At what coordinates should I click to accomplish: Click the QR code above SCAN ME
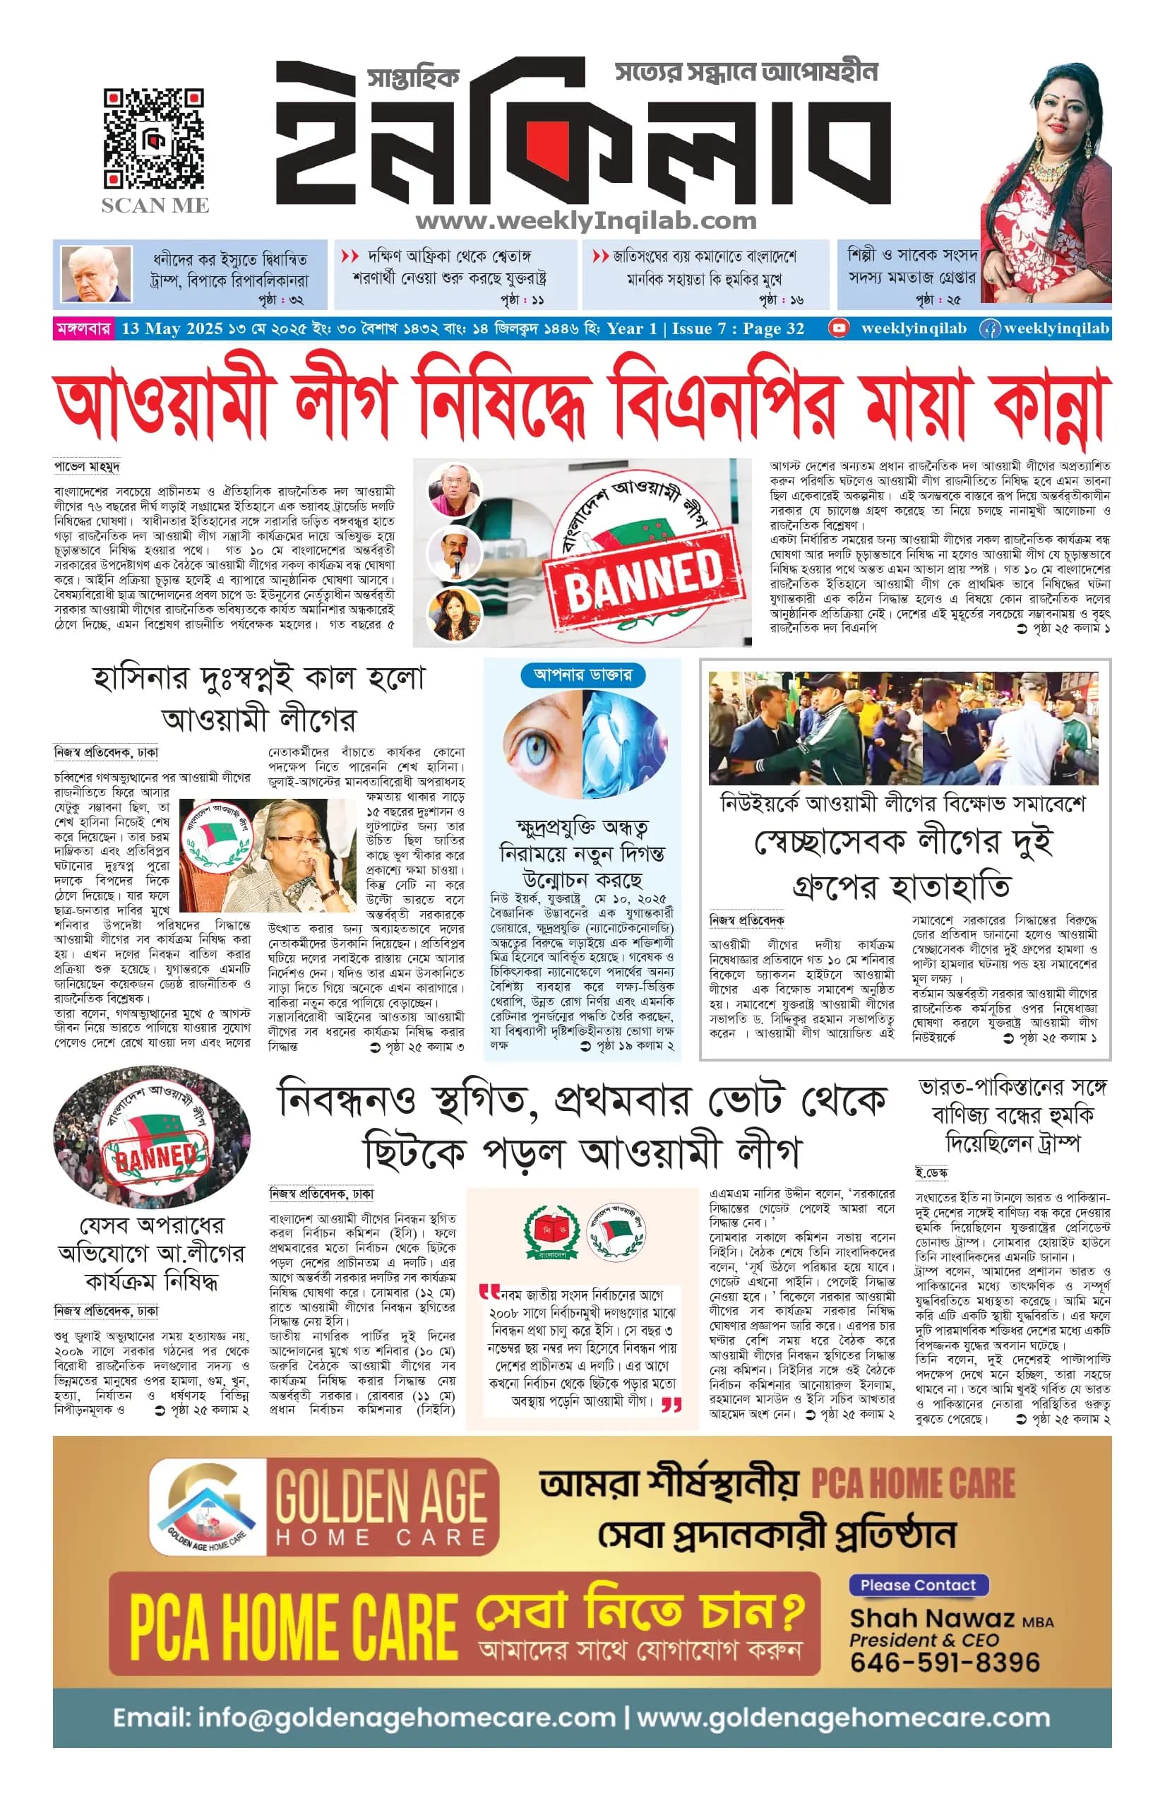click(x=154, y=138)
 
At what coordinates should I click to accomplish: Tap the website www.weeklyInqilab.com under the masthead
click(x=585, y=221)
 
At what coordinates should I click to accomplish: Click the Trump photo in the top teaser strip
click(x=95, y=273)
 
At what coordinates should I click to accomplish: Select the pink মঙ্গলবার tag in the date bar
click(x=83, y=329)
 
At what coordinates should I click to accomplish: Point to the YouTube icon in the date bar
click(x=837, y=328)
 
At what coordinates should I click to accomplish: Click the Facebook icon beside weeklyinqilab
click(x=988, y=329)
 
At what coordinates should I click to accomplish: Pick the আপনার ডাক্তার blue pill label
click(x=582, y=674)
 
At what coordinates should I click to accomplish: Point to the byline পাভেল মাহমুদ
click(x=87, y=466)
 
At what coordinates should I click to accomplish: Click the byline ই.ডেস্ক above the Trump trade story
click(x=931, y=1173)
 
